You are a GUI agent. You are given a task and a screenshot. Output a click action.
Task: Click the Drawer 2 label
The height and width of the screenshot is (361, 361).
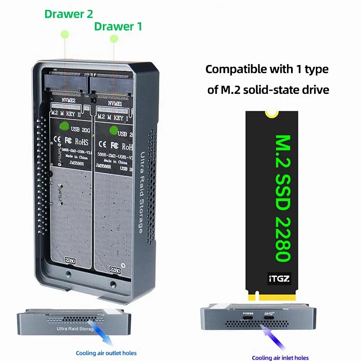point(69,14)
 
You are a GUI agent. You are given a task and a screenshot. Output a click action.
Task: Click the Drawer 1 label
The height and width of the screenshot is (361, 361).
point(118,26)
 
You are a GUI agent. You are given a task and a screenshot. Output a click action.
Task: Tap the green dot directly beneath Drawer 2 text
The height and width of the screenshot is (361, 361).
point(65,34)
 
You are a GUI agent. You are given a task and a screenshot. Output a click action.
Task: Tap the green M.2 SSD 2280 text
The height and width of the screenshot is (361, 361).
point(282,199)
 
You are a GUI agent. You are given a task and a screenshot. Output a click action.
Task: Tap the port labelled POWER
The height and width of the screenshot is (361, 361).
point(248,320)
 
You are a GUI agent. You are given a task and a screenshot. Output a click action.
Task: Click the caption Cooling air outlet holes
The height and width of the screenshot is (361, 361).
point(106,353)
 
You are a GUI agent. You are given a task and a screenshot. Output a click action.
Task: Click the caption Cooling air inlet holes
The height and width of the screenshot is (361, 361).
point(280,357)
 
